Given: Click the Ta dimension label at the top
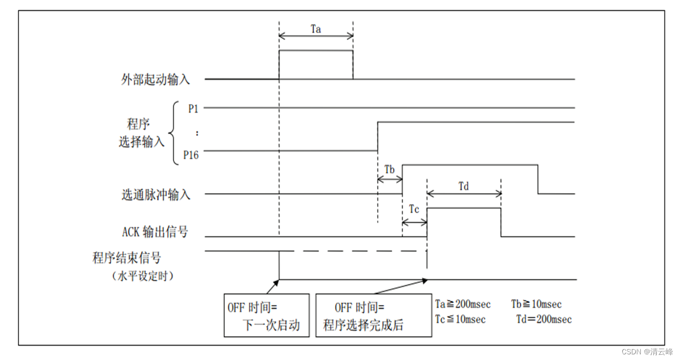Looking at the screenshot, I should tap(316, 29).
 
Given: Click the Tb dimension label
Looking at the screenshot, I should tap(390, 169).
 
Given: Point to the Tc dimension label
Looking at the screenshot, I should tap(414, 210).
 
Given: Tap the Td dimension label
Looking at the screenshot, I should tap(464, 186).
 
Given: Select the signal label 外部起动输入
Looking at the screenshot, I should tap(156, 80).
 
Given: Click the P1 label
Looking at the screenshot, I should tap(194, 109).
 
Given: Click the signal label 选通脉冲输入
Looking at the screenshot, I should tap(156, 195).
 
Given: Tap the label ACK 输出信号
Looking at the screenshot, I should tap(155, 232).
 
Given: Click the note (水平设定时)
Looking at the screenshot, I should tap(143, 276).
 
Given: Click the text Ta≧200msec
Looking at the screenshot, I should tap(463, 304).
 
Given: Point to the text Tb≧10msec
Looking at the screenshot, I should tap(536, 304).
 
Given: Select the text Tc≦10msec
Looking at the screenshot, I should tap(460, 319).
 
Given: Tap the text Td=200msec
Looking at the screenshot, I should tap(544, 319).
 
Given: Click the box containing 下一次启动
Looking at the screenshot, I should tap(267, 315).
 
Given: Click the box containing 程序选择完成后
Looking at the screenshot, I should tap(373, 315).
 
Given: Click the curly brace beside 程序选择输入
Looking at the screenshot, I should tap(172, 132).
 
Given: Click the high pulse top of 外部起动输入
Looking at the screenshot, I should tap(316, 50).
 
